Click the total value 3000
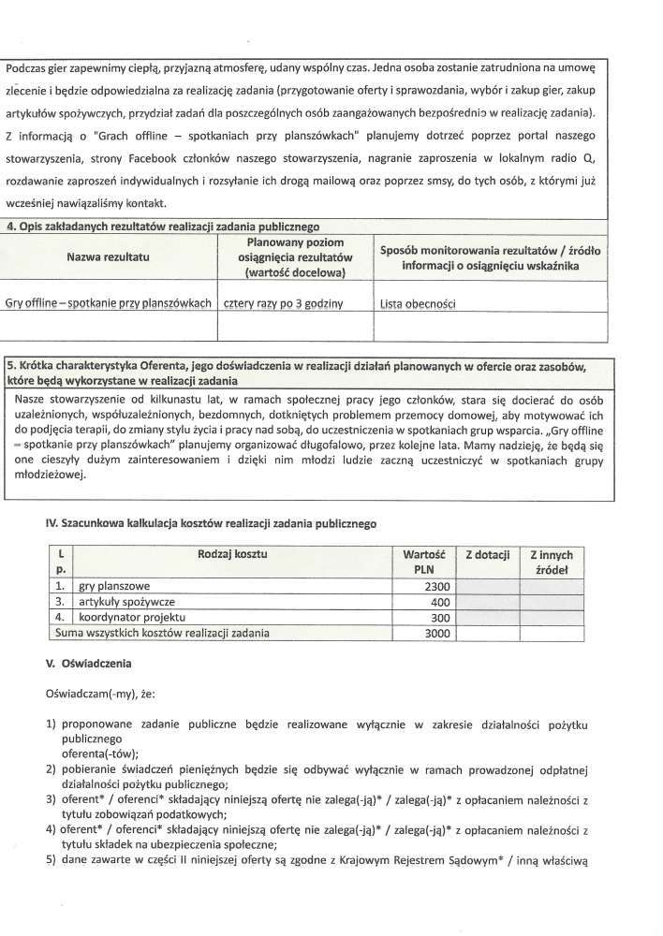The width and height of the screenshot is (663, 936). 432,634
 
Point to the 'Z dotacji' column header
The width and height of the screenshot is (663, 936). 487,555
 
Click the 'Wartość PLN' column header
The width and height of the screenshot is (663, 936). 422,562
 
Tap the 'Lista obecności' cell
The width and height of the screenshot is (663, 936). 422,304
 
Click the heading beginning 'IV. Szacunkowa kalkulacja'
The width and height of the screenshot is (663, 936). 211,524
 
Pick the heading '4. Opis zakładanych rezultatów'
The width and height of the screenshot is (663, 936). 163,226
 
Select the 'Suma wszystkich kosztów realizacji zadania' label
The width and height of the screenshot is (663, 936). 162,634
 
